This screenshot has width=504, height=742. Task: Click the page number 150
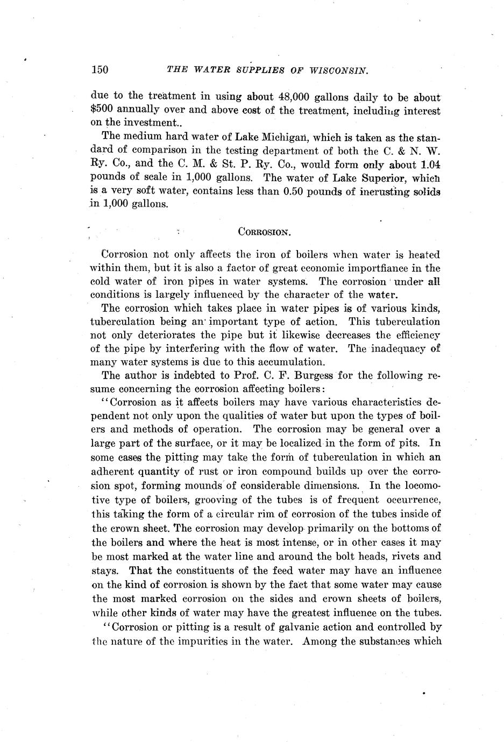pyautogui.click(x=100, y=69)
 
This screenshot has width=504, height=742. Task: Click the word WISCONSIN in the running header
pyautogui.click(x=338, y=69)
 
